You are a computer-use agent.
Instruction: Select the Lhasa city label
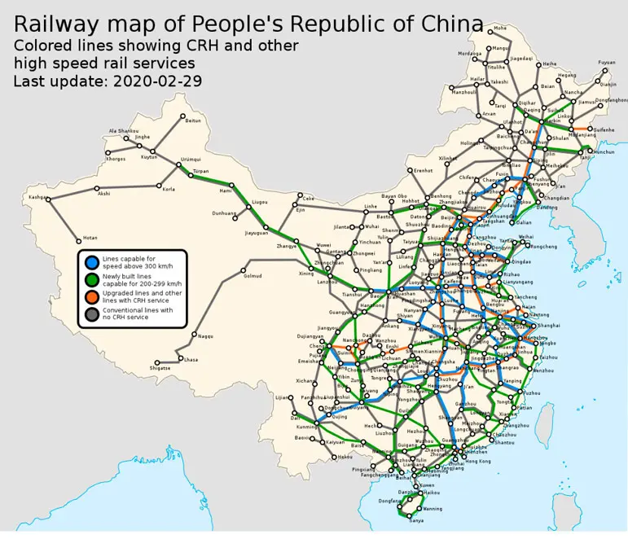(x=191, y=359)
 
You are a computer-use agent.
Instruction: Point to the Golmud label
(x=253, y=275)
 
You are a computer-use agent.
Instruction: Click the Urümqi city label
(x=190, y=160)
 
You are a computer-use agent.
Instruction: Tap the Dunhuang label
(x=224, y=213)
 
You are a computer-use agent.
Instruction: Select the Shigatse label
(x=160, y=368)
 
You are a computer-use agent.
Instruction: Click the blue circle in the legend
(x=93, y=262)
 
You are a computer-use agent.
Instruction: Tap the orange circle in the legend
(x=93, y=296)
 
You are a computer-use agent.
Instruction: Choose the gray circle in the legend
(x=93, y=313)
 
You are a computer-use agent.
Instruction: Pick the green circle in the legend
(x=93, y=278)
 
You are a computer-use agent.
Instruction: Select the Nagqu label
(x=204, y=335)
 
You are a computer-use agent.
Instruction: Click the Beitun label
(x=193, y=121)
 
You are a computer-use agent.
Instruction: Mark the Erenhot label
(x=423, y=170)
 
